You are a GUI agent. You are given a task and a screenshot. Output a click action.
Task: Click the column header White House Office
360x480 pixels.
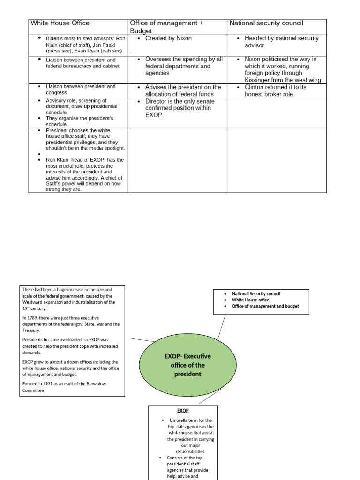(x=60, y=23)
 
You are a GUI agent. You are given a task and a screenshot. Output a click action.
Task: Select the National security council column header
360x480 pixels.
(x=266, y=23)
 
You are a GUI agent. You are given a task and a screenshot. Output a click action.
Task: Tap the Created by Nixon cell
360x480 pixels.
(x=168, y=38)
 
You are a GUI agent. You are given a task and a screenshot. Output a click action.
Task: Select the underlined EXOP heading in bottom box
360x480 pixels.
(x=183, y=410)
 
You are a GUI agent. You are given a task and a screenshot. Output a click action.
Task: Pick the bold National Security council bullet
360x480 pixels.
(x=256, y=294)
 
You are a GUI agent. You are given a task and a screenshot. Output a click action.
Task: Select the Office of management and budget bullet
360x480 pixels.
(x=265, y=306)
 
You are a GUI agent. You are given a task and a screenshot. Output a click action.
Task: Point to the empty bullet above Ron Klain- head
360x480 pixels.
(x=40, y=154)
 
